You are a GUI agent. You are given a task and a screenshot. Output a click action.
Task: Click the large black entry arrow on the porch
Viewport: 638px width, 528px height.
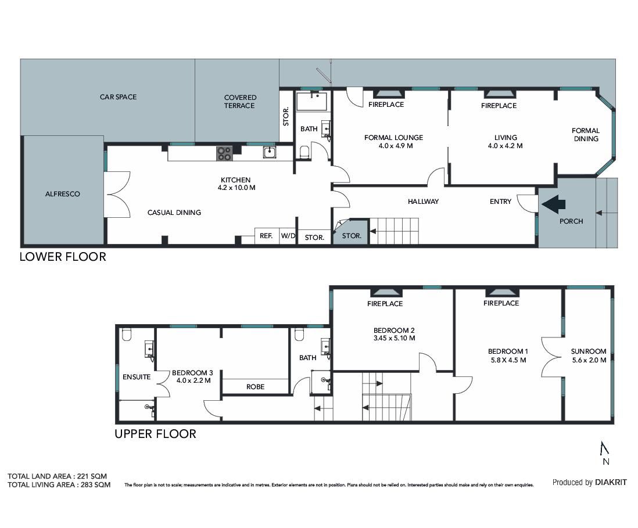click(x=554, y=204)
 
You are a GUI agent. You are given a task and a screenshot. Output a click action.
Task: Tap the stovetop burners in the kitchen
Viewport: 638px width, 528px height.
click(x=224, y=153)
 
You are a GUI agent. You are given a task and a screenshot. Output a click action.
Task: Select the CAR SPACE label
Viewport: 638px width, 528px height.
click(x=118, y=97)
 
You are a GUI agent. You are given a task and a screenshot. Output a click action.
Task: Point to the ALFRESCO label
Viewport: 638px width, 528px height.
click(x=63, y=194)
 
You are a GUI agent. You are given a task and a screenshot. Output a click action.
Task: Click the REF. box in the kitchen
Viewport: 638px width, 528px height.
click(x=267, y=236)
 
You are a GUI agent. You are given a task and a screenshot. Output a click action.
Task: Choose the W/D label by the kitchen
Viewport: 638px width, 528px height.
click(x=288, y=236)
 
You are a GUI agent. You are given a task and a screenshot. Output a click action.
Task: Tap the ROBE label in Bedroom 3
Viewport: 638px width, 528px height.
click(x=256, y=387)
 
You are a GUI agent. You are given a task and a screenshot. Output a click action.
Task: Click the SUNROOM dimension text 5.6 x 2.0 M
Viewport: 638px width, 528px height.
click(x=589, y=360)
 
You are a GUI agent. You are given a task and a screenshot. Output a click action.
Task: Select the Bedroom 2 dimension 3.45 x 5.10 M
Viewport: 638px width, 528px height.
click(x=395, y=338)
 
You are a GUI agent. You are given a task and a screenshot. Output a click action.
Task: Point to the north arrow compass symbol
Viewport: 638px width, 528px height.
click(x=605, y=448)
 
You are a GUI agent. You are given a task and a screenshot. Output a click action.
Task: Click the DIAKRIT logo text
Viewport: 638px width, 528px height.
click(x=611, y=482)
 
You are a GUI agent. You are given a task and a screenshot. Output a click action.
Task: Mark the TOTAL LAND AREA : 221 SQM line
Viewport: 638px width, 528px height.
click(x=58, y=476)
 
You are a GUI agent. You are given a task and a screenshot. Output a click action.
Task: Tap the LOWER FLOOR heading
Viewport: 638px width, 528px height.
click(x=63, y=257)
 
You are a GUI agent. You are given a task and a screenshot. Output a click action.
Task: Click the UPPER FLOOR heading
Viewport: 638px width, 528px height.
click(x=155, y=434)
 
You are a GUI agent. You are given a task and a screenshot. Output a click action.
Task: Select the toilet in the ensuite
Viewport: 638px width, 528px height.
click(x=127, y=335)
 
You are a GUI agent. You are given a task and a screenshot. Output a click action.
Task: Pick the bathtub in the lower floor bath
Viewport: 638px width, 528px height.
click(x=311, y=101)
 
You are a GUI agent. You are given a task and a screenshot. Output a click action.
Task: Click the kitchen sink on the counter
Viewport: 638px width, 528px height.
click(x=270, y=153)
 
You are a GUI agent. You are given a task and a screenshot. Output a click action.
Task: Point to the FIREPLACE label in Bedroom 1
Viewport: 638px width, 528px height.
click(x=501, y=303)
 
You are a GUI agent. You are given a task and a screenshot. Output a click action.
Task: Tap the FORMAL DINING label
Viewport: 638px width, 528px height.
click(x=586, y=135)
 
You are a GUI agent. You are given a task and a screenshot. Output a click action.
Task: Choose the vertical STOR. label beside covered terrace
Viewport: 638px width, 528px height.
click(x=286, y=116)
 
